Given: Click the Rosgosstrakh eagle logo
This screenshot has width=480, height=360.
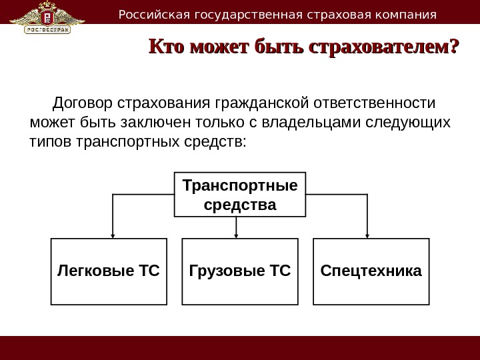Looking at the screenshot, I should click(47, 17).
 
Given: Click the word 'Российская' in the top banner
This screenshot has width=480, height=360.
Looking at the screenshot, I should click(145, 14).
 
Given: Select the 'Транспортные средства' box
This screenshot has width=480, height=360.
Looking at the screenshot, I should click(239, 194).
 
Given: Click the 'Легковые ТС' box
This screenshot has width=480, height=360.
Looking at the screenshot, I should click(109, 271).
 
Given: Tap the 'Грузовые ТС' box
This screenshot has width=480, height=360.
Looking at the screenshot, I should click(239, 271).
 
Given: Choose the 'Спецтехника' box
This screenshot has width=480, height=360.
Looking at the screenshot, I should click(371, 271).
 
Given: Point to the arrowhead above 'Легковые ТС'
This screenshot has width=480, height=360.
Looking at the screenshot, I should click(112, 234).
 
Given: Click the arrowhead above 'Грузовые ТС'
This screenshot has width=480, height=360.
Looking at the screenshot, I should click(237, 234).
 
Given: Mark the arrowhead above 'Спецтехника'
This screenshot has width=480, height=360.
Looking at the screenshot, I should click(367, 234).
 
